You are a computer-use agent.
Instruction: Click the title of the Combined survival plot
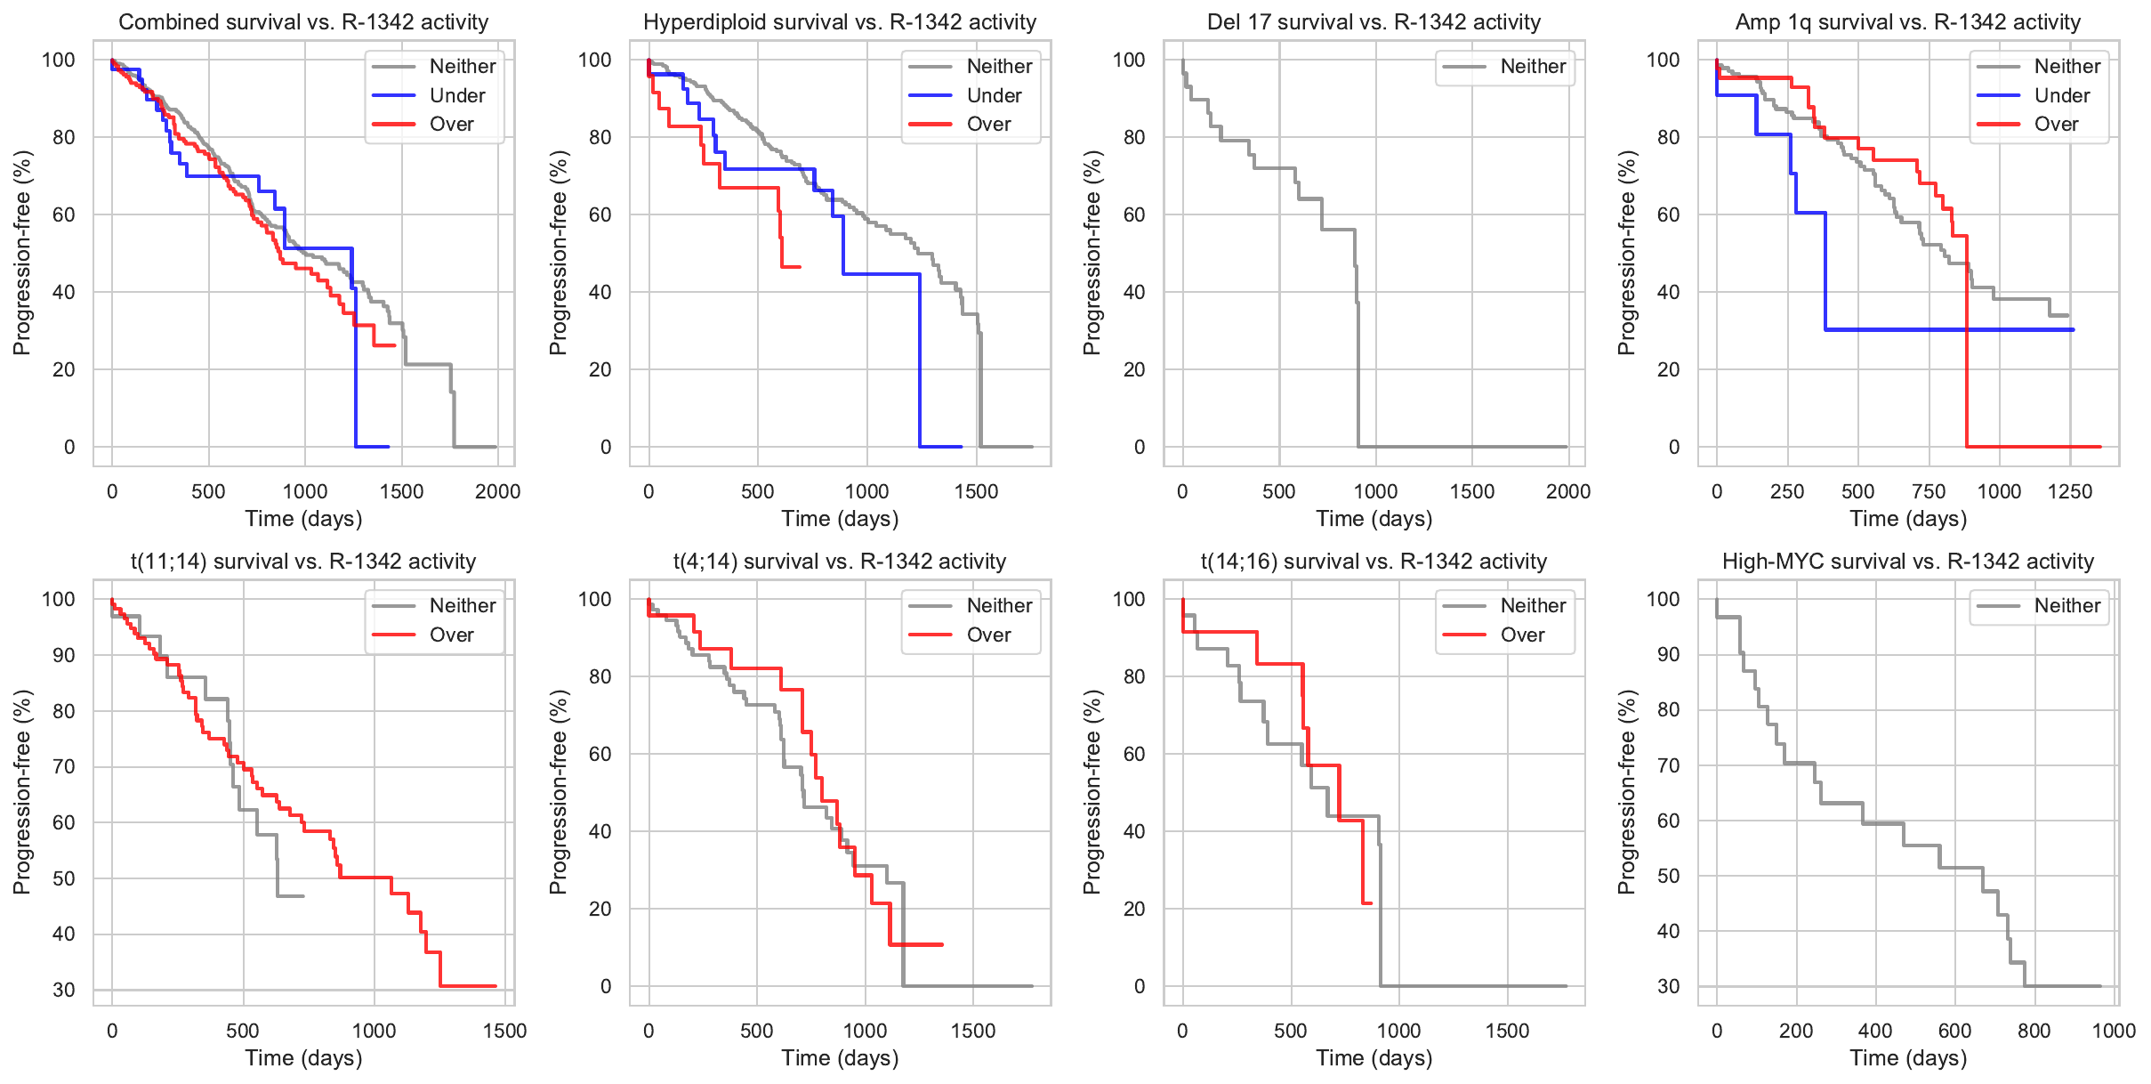point(303,22)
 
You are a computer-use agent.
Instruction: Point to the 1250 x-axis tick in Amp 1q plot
point(2069,491)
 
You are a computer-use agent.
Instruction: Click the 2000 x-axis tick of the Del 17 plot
point(1568,491)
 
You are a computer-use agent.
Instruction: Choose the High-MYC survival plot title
point(1908,562)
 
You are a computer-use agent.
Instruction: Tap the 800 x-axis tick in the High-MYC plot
point(2034,1031)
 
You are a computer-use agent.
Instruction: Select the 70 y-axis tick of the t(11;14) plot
point(63,766)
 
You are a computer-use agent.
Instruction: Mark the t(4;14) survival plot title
point(840,562)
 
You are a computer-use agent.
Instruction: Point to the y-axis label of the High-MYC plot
point(1627,792)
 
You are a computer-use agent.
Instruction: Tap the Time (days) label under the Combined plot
point(303,519)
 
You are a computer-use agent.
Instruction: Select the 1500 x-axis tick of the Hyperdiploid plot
point(976,491)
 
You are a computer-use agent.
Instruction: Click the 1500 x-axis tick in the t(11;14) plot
point(504,1031)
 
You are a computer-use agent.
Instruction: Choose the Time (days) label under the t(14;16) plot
point(1374,1058)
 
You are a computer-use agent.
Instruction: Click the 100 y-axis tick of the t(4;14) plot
point(594,599)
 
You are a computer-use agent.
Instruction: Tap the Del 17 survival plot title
point(1374,22)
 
